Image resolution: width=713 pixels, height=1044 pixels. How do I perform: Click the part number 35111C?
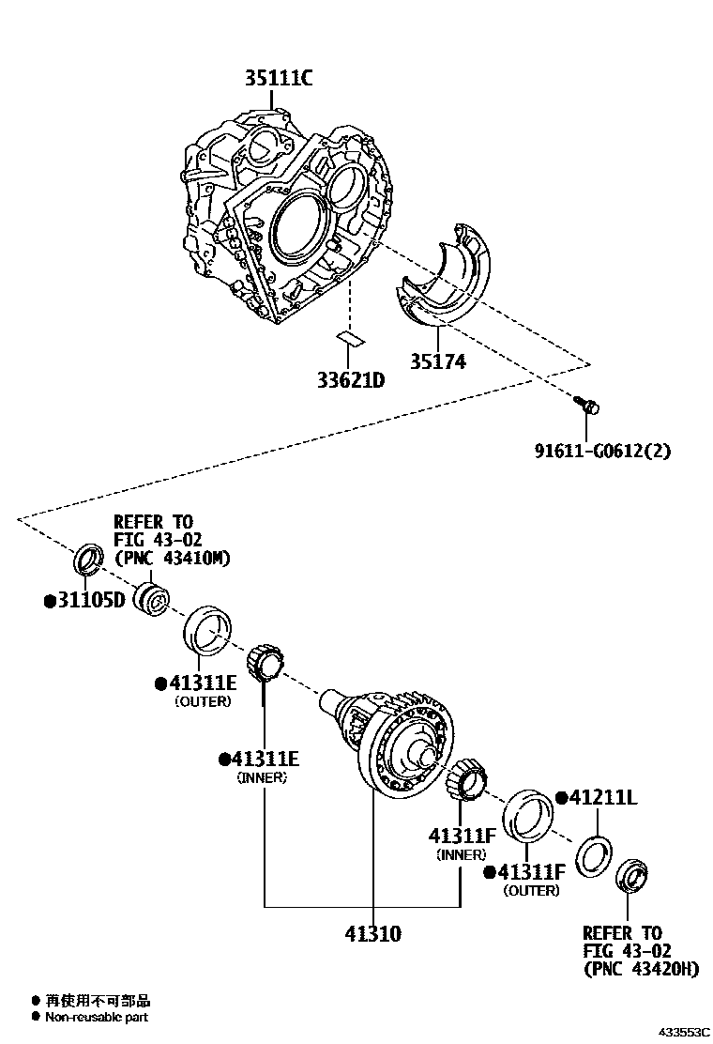click(x=279, y=79)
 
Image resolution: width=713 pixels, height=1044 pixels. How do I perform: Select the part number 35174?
click(x=437, y=361)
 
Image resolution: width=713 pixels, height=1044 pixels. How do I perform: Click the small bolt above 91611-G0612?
click(x=588, y=407)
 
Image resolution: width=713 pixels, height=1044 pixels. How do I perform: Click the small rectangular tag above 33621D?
click(x=350, y=337)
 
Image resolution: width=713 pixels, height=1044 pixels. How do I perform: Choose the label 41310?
click(x=372, y=933)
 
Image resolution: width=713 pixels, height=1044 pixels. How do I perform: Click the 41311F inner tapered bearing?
click(x=466, y=783)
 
